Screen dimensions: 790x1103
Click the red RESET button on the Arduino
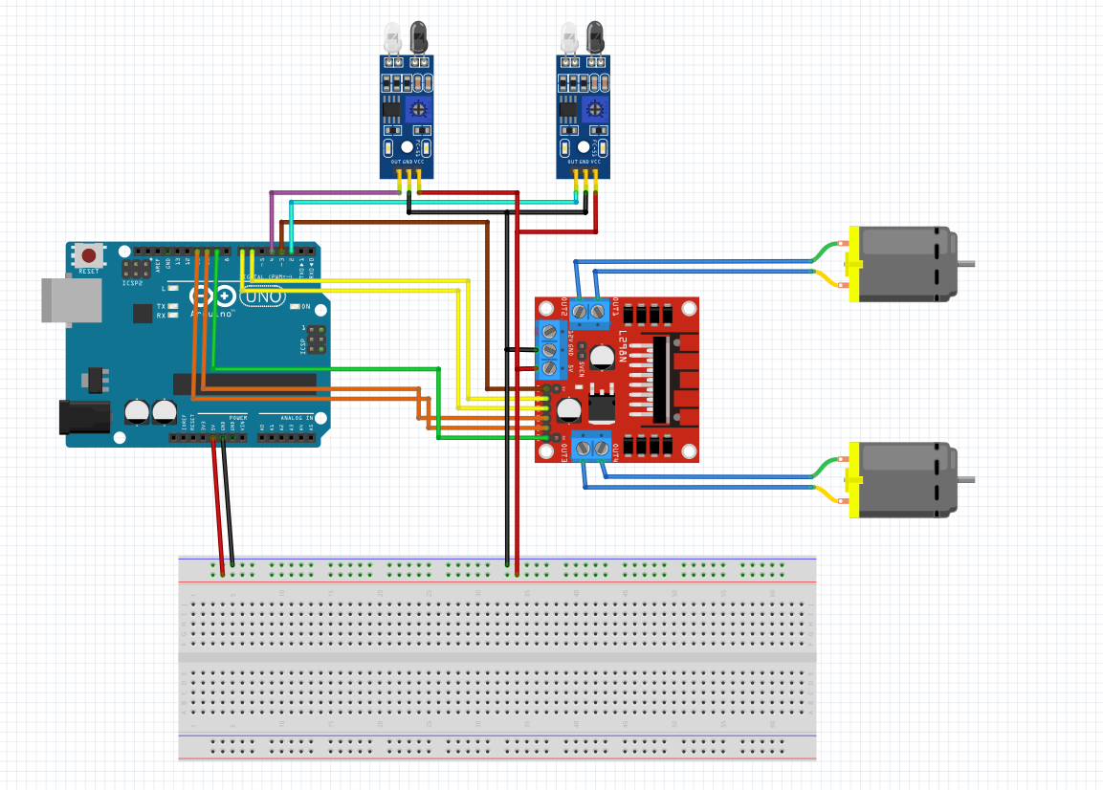(x=89, y=255)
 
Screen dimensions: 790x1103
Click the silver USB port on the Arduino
(x=72, y=300)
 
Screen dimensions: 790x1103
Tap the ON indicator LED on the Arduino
(x=294, y=307)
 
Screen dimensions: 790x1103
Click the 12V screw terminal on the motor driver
(x=550, y=333)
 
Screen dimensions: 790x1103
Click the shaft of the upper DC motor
(x=965, y=264)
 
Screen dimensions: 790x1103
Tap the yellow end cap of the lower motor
(x=853, y=480)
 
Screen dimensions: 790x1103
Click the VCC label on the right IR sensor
(x=595, y=163)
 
